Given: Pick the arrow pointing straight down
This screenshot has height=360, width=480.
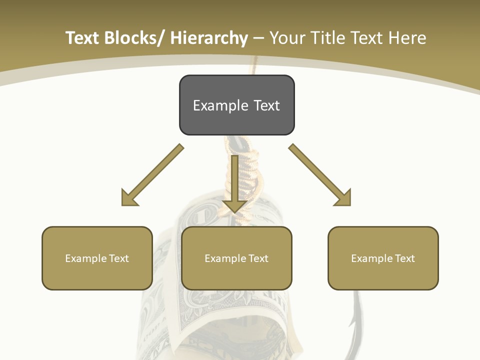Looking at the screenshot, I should (x=234, y=185).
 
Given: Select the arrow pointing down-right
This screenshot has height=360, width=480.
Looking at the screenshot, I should (x=321, y=176).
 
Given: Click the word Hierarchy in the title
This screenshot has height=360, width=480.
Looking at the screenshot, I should (x=209, y=38).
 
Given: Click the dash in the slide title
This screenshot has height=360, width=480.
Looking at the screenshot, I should (x=258, y=38).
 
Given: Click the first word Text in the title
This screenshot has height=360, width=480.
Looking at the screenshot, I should (x=82, y=38).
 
